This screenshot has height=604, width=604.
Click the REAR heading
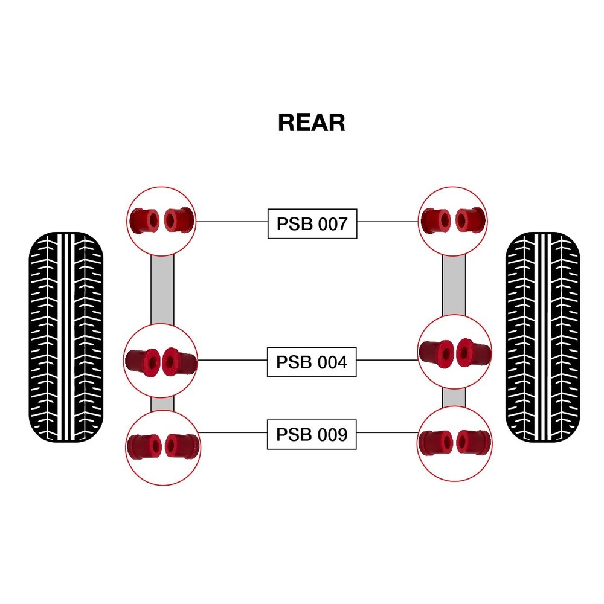(x=311, y=123)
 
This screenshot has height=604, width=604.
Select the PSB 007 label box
(x=312, y=224)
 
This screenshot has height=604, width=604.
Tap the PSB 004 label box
(x=312, y=362)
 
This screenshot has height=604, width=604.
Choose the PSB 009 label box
(x=312, y=434)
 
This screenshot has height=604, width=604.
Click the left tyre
(x=66, y=337)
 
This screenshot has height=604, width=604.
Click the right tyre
(x=542, y=337)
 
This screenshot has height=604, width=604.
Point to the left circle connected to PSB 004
(x=161, y=361)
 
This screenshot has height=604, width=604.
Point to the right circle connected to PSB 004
(x=454, y=352)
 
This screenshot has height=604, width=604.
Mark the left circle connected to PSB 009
(x=163, y=446)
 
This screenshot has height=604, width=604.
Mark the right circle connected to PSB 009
(x=454, y=443)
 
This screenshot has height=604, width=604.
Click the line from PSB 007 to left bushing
(x=233, y=222)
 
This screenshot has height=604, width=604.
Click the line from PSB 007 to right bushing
(x=387, y=222)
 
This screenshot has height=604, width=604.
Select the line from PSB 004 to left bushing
(x=233, y=360)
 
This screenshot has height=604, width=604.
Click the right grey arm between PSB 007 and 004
(x=454, y=284)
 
